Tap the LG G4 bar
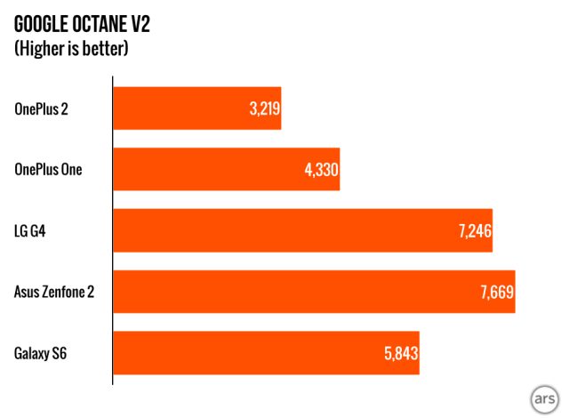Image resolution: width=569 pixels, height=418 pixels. click(302, 231)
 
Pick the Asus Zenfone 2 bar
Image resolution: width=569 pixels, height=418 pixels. click(313, 292)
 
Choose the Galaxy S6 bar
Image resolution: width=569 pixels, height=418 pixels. click(265, 353)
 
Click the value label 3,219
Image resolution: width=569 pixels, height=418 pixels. click(262, 109)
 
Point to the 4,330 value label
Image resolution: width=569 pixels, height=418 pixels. click(321, 171)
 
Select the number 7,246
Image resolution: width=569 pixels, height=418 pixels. click(474, 231)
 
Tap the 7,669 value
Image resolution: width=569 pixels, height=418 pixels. click(496, 293)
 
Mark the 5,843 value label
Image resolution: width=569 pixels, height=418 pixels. click(399, 354)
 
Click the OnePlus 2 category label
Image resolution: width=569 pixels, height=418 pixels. click(41, 109)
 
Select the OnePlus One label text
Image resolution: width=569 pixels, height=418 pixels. click(48, 170)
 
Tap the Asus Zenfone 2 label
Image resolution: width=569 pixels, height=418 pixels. click(54, 292)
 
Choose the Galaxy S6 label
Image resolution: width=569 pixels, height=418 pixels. click(41, 353)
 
